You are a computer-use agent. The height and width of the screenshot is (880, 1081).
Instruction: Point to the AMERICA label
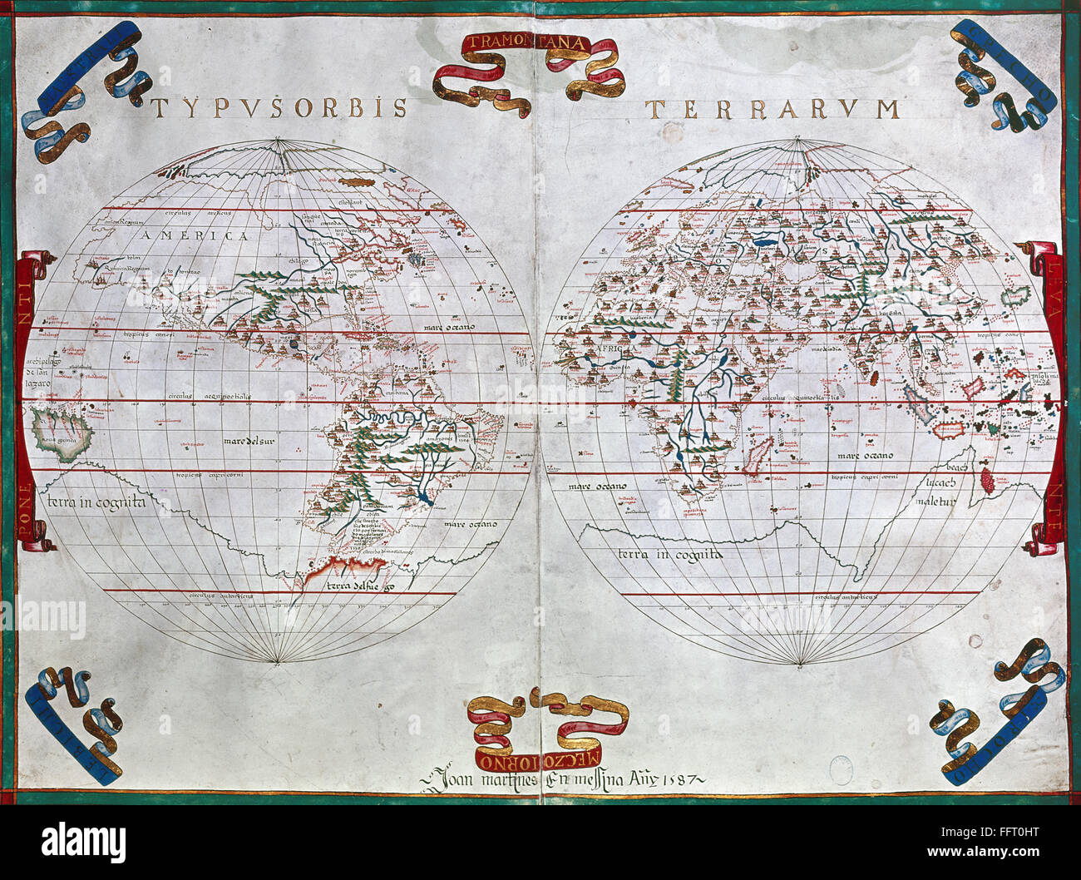[x=195, y=236]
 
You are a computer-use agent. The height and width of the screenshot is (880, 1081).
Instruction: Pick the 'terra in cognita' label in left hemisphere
[x=96, y=502]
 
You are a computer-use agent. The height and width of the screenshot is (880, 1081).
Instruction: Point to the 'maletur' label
[x=935, y=501]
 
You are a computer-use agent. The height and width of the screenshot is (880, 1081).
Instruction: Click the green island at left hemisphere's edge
[x=60, y=431]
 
